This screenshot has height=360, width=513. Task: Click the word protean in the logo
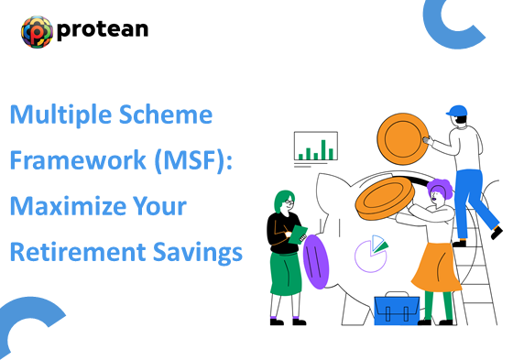(x=103, y=31)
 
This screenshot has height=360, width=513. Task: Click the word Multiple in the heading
(x=55, y=116)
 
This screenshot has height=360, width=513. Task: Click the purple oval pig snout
(x=314, y=261)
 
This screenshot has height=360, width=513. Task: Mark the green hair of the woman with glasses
(x=281, y=199)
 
